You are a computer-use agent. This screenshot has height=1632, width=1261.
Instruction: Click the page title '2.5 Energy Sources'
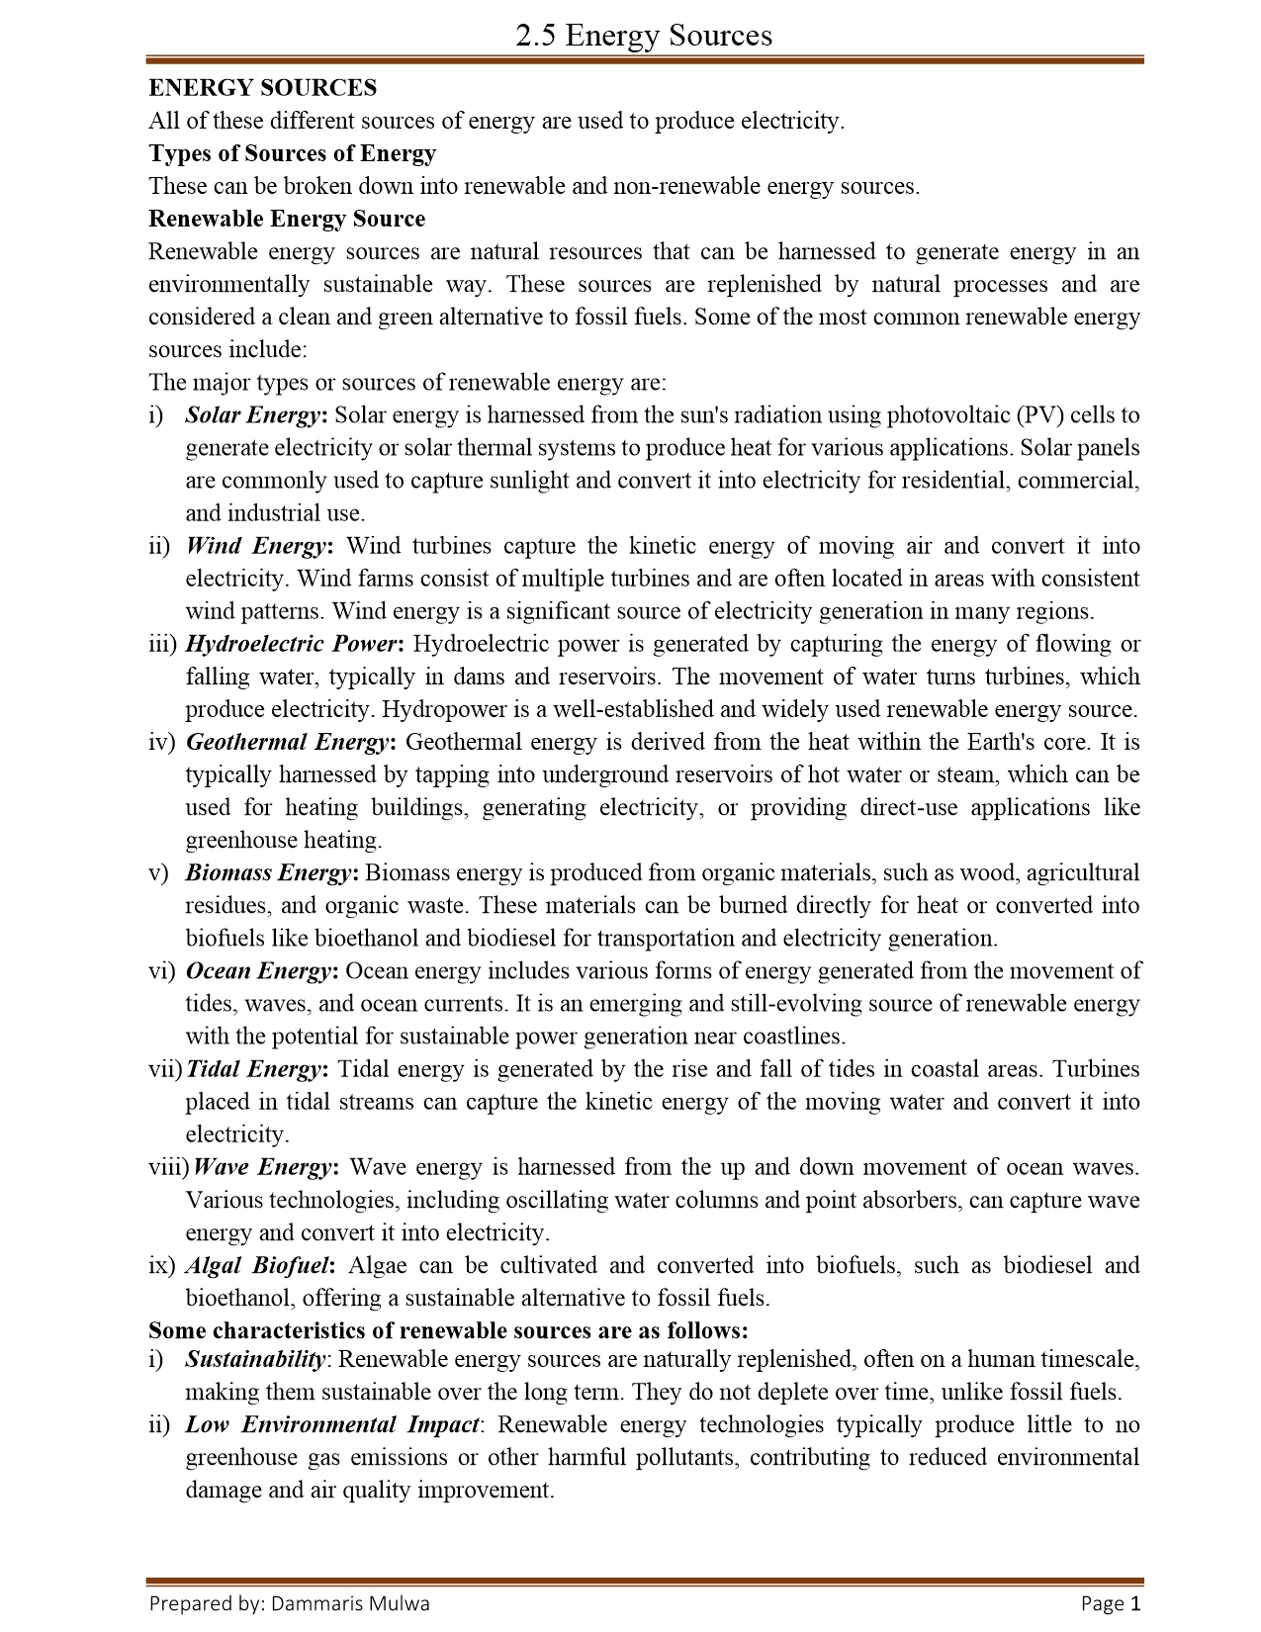(x=644, y=36)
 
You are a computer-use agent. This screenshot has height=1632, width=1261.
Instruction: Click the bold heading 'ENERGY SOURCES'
(x=262, y=88)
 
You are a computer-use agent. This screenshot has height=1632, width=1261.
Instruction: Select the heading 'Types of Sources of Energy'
(x=292, y=153)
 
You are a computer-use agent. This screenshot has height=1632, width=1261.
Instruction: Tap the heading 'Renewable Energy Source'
(x=287, y=219)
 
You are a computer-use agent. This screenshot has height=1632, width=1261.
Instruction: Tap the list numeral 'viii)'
(x=167, y=1167)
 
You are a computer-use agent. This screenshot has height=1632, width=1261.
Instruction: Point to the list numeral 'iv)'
(x=161, y=742)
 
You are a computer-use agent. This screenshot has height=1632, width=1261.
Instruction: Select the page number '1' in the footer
(x=1135, y=1603)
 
